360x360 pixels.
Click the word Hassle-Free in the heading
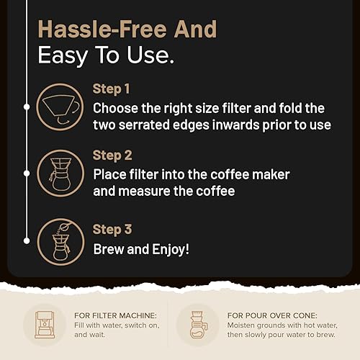coord(102,30)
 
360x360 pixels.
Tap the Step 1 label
coord(112,89)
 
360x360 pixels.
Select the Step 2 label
coord(112,156)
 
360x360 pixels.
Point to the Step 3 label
coord(112,230)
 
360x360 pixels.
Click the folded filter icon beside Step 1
coord(60,107)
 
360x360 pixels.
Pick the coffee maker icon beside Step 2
coord(60,174)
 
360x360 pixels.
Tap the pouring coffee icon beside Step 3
coord(61,242)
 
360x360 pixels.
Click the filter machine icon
coord(45,325)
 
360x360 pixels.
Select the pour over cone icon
coord(198,325)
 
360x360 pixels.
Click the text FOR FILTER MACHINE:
coord(115,315)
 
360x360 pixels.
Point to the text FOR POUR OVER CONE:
coord(272,315)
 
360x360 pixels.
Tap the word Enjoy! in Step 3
coord(171,250)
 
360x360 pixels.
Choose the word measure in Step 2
coord(144,192)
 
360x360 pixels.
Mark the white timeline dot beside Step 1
coord(27,107)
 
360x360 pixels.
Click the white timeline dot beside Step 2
coord(27,174)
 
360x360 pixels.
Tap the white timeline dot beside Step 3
coord(27,240)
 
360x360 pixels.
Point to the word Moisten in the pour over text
coord(240,325)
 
